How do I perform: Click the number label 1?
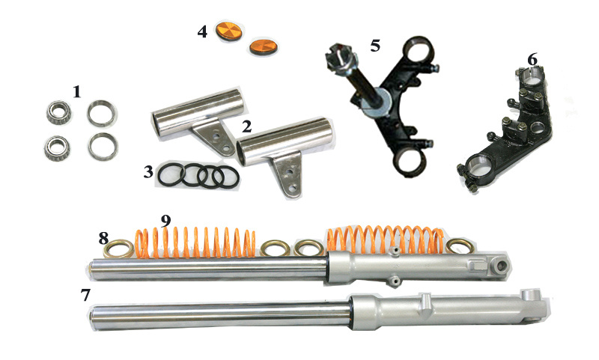(77, 91)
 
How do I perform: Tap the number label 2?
(247, 126)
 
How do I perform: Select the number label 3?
(148, 172)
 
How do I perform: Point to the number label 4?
(202, 31)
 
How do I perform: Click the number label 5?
(375, 46)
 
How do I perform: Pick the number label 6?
(532, 59)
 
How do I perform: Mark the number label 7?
(85, 295)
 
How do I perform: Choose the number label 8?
(103, 239)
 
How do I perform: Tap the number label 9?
(165, 221)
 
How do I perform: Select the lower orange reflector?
(263, 46)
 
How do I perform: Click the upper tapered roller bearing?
(59, 112)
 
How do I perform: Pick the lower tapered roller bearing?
(56, 147)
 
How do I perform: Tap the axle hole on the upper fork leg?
(500, 266)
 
